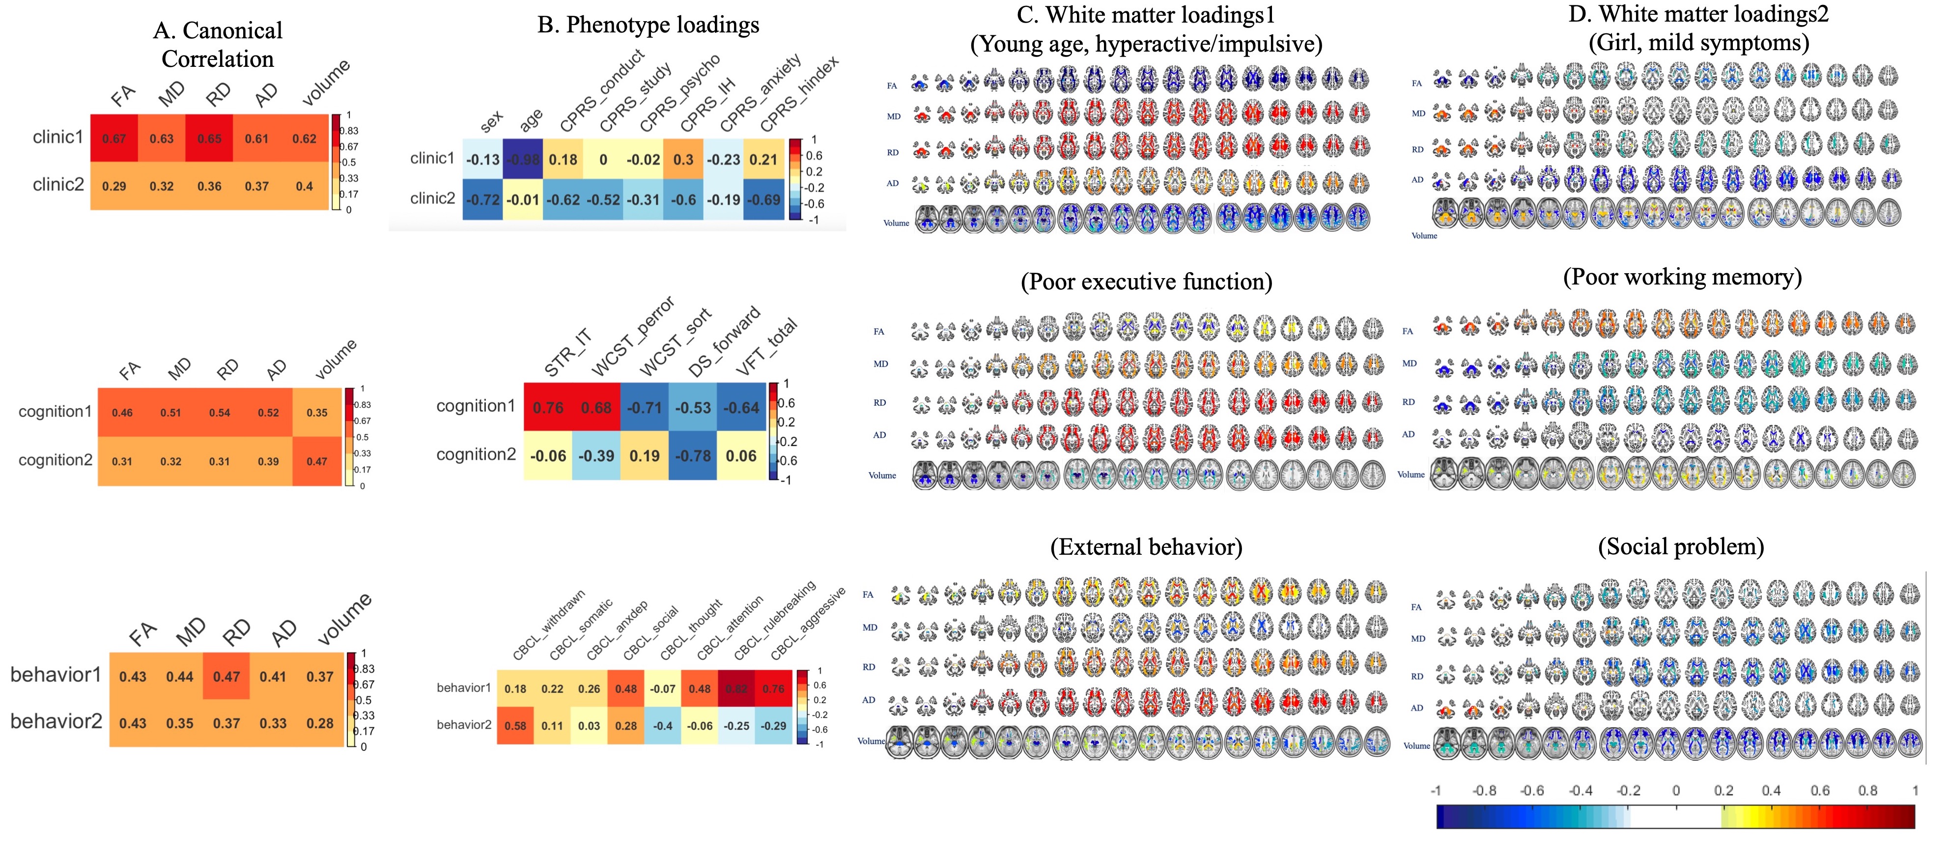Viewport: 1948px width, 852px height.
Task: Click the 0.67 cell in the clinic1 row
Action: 114,139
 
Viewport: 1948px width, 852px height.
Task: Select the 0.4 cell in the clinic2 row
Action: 304,186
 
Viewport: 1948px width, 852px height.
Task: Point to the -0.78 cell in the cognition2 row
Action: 693,456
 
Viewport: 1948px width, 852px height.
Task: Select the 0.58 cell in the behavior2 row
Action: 515,726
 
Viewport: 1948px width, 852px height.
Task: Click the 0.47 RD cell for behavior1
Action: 226,677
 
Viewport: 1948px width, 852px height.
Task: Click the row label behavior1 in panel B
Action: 464,688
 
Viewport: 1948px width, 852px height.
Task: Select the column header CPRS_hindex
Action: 799,94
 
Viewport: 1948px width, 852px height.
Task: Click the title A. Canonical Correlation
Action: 218,45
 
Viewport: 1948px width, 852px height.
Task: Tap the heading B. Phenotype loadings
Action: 648,25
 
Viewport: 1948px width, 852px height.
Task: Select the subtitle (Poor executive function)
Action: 1146,282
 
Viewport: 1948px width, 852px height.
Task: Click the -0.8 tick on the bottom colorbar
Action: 1484,791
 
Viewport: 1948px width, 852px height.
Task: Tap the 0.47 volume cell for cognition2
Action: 317,461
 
